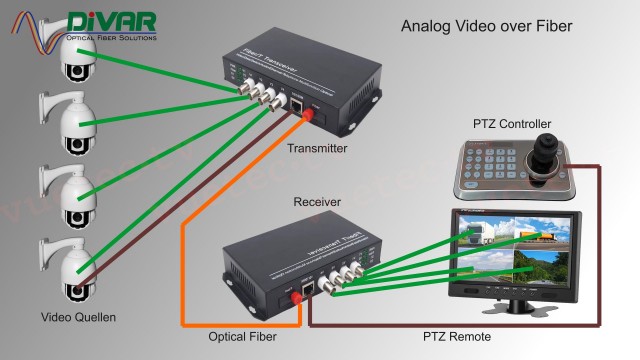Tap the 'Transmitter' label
click(x=316, y=148)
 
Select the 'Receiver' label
click(x=317, y=202)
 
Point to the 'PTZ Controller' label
click(x=512, y=123)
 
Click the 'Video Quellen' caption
click(x=78, y=318)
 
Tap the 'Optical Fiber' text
click(x=242, y=338)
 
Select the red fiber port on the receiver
click(x=296, y=296)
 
